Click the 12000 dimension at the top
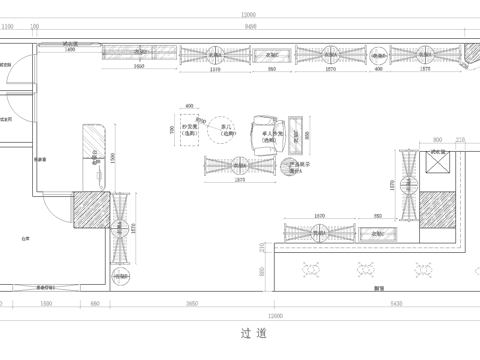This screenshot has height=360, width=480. point(248,14)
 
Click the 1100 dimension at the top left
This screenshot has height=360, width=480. point(8,28)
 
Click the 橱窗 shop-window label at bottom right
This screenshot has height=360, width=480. point(379,288)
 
